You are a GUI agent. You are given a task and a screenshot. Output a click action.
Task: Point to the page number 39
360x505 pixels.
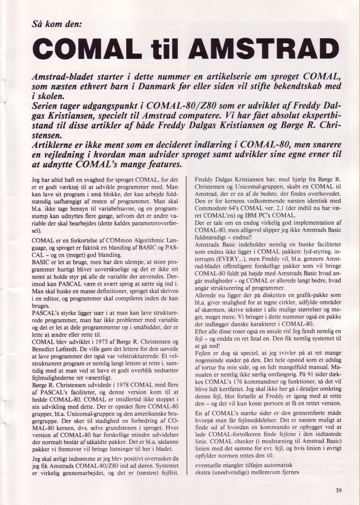pyautogui.click(x=338, y=490)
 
